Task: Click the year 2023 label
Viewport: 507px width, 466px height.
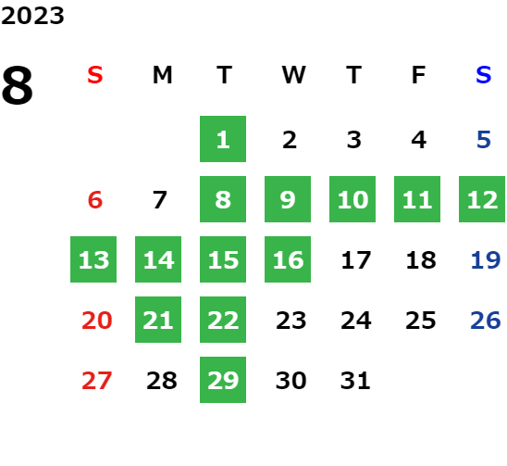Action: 32,16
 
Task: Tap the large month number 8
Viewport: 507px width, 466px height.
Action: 18,85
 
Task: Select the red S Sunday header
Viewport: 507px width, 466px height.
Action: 95,75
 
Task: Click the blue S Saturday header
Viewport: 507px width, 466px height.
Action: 484,75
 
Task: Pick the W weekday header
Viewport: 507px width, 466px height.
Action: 293,75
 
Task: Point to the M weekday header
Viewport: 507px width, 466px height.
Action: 162,75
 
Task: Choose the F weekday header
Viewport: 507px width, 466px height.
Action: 418,75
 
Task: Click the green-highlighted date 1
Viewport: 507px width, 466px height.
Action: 223,139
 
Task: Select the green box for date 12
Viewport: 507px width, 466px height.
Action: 482,199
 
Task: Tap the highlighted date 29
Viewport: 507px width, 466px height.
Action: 223,380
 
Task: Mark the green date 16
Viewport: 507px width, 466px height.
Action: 288,259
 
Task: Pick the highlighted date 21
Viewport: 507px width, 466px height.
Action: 158,320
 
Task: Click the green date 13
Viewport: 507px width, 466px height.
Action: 93,259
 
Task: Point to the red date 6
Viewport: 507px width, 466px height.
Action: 95,199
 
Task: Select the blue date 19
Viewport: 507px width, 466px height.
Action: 486,259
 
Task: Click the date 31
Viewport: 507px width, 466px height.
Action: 355,380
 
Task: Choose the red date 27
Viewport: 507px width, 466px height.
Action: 96,380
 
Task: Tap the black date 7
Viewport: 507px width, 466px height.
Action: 159,199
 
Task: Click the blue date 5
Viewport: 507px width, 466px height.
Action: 484,140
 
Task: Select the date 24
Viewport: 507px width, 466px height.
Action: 355,321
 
